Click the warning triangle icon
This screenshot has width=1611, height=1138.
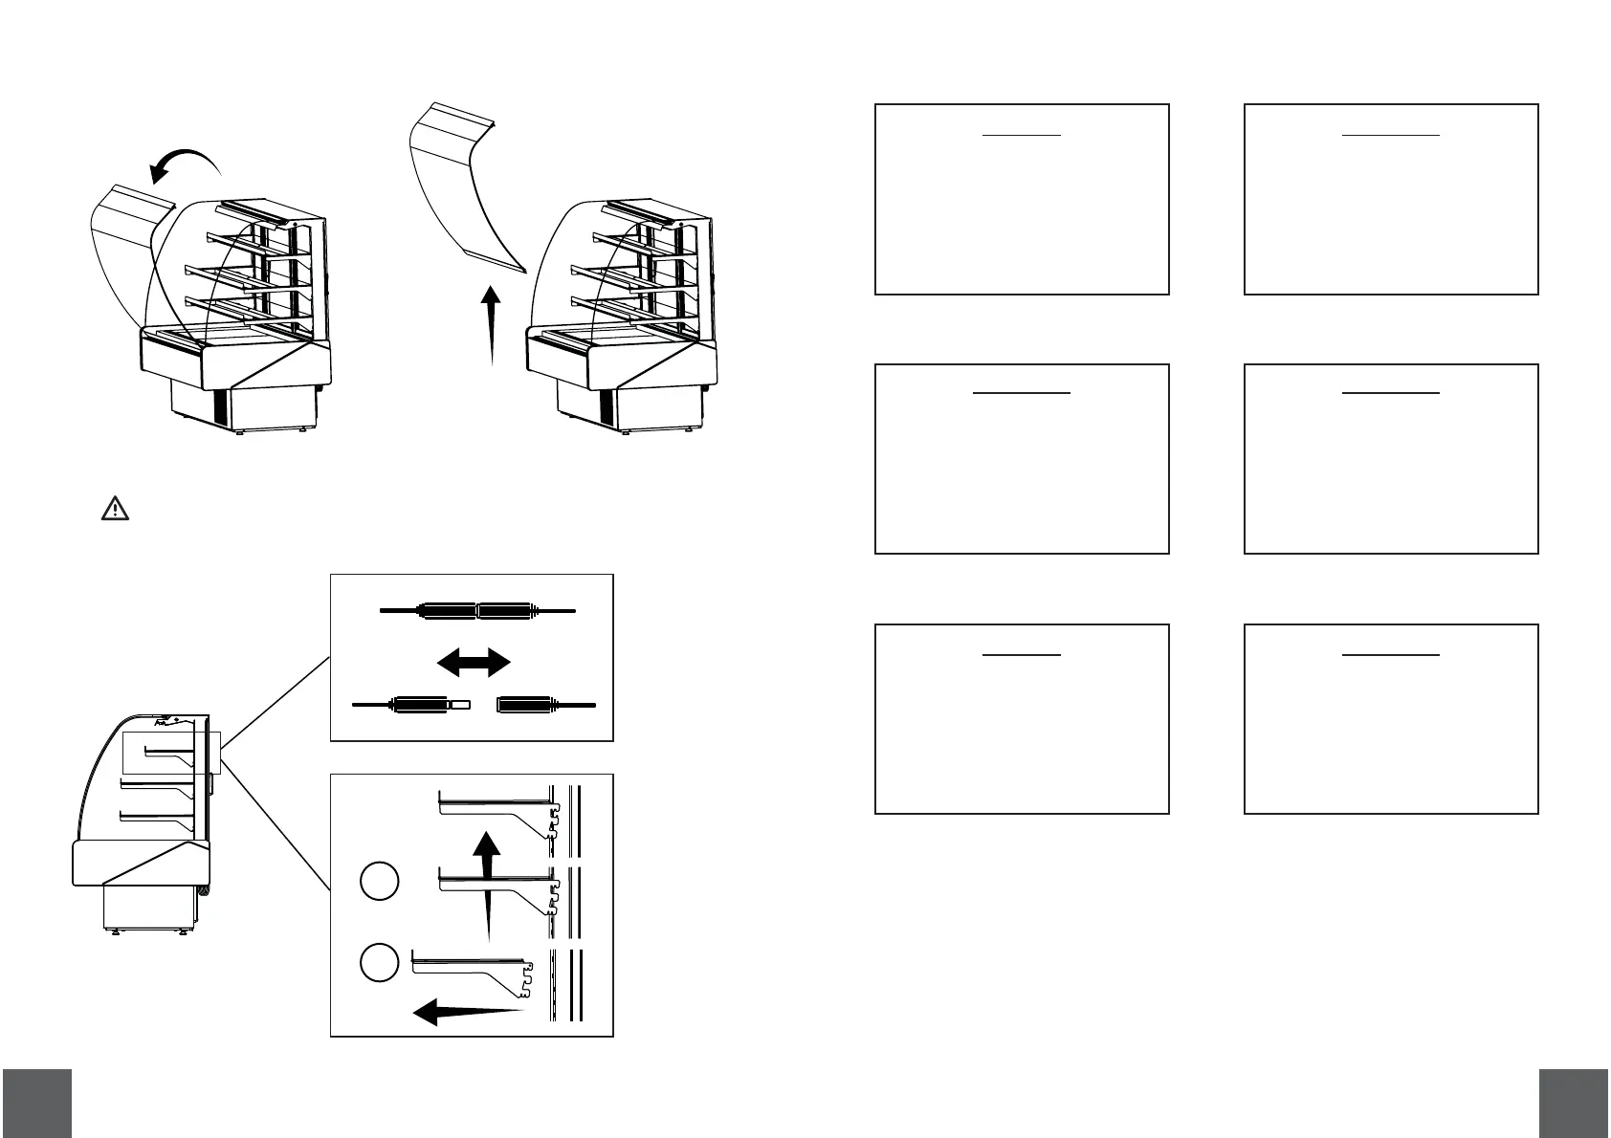(115, 508)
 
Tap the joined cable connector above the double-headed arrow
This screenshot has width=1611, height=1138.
(477, 609)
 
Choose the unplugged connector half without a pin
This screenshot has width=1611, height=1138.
(544, 705)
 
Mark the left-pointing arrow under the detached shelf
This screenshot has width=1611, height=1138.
(469, 1010)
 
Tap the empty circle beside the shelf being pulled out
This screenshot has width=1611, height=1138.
(379, 962)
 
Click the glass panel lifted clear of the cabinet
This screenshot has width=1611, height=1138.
(465, 191)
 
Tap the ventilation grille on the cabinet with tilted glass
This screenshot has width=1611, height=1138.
(221, 407)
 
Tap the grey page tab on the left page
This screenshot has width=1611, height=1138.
(36, 1102)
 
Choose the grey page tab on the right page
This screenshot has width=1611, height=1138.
(1575, 1102)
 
